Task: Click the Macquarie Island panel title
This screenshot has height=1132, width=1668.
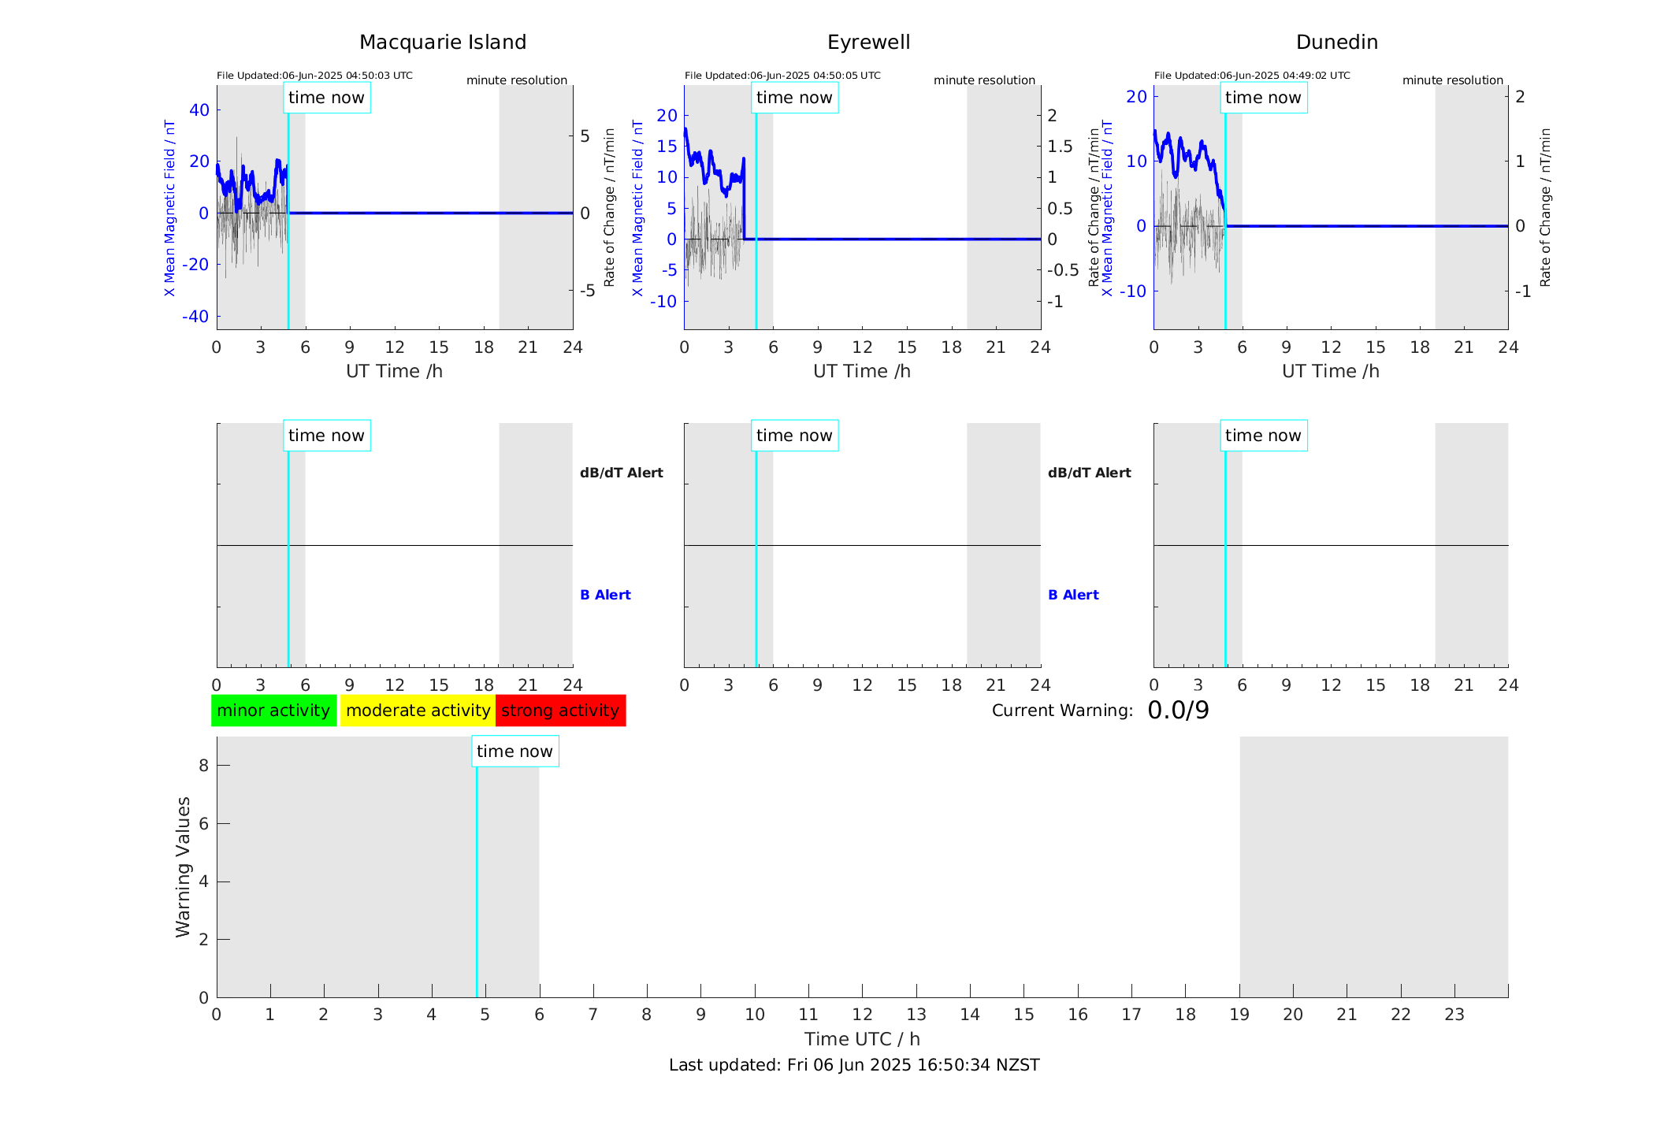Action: tap(443, 43)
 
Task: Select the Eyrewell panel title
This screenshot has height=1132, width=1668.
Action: tap(868, 43)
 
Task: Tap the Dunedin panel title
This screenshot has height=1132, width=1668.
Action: tap(1336, 43)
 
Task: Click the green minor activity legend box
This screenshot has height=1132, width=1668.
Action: tap(273, 711)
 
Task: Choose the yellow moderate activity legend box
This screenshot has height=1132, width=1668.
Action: tap(418, 711)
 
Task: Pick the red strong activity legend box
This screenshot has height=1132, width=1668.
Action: tap(560, 711)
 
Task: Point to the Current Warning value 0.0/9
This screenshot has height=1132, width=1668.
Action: tap(1178, 711)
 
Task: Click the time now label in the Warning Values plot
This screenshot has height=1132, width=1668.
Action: tap(515, 752)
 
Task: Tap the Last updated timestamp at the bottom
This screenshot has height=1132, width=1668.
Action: tap(854, 1065)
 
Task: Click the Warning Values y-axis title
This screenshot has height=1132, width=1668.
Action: tap(183, 867)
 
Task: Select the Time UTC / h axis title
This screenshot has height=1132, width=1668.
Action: tap(862, 1039)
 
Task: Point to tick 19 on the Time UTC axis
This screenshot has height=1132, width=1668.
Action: tap(1239, 1015)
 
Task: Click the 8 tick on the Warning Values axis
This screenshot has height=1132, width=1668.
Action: tap(203, 766)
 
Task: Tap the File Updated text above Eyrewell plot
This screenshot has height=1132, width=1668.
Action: tap(782, 76)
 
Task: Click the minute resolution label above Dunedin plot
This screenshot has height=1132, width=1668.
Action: tap(1452, 80)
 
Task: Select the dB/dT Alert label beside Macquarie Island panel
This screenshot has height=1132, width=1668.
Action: tap(621, 473)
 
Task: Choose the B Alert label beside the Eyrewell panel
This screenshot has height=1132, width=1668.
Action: tap(1073, 595)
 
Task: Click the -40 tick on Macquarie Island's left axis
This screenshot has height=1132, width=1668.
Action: tap(195, 317)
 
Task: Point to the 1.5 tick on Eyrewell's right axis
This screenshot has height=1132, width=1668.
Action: tap(1060, 147)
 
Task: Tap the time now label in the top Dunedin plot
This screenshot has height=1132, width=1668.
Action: tap(1263, 98)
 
